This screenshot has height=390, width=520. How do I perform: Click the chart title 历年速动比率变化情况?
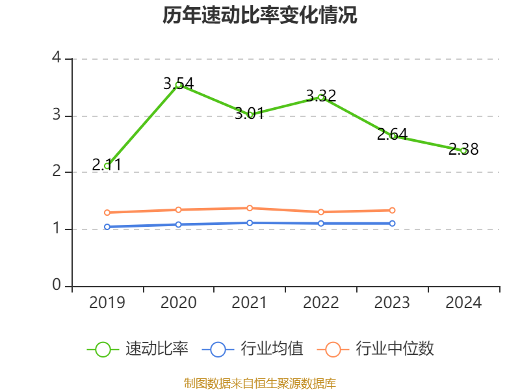260,16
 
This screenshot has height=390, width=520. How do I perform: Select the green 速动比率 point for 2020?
178,84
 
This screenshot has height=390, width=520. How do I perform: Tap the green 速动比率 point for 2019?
107,166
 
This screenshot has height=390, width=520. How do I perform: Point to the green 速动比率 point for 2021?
250,114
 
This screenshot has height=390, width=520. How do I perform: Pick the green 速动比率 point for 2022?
321,97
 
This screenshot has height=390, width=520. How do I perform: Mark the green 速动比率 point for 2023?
393,136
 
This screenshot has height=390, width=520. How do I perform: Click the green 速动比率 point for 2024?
463,150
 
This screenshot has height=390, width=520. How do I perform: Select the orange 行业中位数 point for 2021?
250,208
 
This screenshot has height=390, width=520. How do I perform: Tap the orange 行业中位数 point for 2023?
393,210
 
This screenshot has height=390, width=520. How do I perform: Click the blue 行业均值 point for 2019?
107,227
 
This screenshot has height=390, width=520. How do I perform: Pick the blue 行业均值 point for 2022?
321,223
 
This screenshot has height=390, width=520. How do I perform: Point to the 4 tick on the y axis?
57,58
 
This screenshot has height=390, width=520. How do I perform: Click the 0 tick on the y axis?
57,286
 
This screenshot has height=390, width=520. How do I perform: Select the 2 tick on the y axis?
57,172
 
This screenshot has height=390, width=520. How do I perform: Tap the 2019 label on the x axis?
107,303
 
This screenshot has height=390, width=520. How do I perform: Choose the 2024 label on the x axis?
463,303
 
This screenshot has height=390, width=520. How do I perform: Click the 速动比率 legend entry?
138,349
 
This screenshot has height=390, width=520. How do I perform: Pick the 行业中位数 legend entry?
376,349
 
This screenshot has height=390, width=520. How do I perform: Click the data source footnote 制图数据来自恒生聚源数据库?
260,383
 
